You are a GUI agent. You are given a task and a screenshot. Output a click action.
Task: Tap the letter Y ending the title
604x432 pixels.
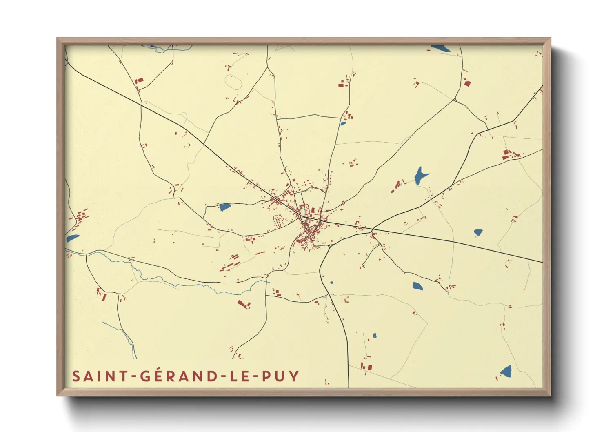294,376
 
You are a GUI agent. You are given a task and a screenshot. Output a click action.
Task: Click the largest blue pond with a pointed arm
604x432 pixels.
420,176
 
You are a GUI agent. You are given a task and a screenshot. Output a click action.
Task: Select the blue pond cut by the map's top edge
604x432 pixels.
440,48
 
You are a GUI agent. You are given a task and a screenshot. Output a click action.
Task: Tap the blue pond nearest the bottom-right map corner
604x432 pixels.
506,371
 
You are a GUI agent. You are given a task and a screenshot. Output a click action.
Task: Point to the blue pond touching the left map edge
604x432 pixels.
72,238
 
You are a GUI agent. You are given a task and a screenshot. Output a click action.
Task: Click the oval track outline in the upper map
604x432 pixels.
233,81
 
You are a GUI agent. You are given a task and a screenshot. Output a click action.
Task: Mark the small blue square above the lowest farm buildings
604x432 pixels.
374,336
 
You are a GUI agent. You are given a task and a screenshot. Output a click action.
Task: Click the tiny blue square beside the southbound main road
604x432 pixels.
331,283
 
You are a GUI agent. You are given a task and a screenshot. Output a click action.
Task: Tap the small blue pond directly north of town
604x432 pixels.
343,123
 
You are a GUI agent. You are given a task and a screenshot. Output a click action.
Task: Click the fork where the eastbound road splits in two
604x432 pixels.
372,228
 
